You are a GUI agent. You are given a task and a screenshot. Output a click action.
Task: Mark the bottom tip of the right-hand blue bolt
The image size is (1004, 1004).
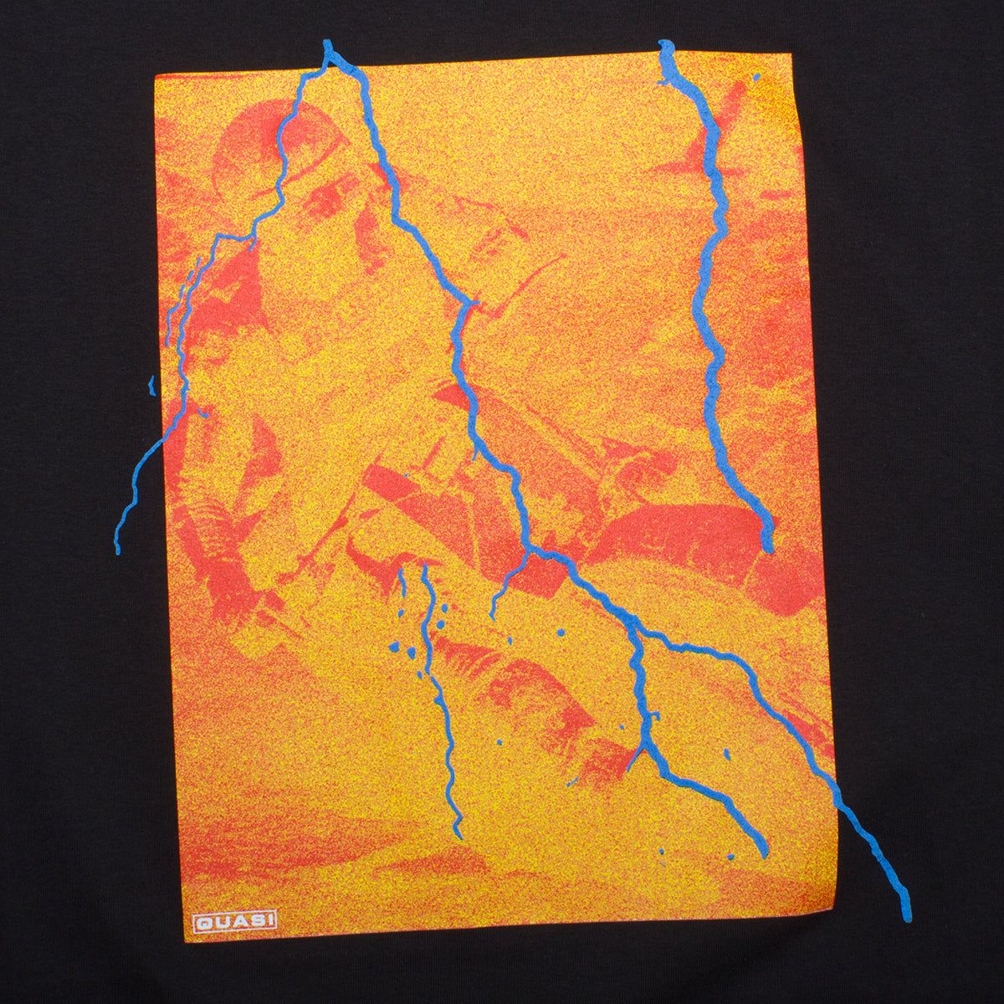click(768, 548)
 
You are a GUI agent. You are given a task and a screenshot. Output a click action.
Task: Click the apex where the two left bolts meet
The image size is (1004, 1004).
click(328, 52)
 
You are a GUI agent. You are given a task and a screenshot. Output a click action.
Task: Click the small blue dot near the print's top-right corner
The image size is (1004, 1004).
click(756, 77)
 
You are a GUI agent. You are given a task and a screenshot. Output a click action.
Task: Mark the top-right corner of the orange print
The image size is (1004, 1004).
click(799, 109)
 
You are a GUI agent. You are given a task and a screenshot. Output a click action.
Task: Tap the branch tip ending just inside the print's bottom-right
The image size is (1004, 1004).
click(763, 845)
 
